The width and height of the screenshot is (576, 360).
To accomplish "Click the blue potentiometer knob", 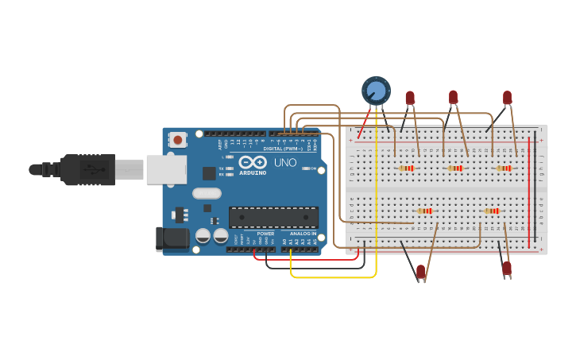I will pos(376,90).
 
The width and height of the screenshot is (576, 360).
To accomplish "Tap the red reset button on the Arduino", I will pos(177,140).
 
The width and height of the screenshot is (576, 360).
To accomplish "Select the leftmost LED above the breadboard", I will pos(410,98).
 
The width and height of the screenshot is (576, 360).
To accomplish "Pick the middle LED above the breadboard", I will pos(453,97).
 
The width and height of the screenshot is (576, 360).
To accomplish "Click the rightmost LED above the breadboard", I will pos(507,97).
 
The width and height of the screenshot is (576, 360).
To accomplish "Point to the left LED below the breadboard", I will pos(420,272).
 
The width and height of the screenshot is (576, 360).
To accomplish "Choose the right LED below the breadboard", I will pos(506,269).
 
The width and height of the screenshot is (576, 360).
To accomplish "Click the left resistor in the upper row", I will pos(407,168).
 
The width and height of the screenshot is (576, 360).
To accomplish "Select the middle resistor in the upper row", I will pos(454,168).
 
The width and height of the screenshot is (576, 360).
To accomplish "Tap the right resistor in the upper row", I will pos(504,168).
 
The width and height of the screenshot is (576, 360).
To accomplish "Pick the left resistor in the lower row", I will pos(425,211).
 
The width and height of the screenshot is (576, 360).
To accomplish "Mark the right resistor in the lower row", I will pos(492,211).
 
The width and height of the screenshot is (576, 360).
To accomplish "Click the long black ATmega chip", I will pos(273,217).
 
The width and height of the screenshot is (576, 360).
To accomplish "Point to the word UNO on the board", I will pos(285,162).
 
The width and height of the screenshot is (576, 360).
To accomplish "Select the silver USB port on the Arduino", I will pos(166,169).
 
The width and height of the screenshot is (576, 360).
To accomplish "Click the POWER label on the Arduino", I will pos(265,234).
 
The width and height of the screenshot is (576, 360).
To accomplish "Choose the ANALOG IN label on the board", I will pos(302,234).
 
